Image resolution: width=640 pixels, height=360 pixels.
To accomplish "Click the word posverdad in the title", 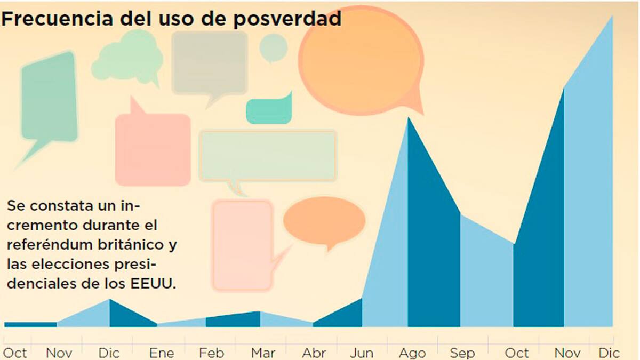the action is (x=287, y=19).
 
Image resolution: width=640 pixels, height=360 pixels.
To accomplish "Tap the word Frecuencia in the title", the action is (x=57, y=18).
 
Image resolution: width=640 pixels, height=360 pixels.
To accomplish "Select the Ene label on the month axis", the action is (x=162, y=353).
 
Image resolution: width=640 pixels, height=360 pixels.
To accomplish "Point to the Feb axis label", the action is (x=211, y=353).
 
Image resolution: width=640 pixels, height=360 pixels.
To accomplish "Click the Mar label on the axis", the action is (x=263, y=353).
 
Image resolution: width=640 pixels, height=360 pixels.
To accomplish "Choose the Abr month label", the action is (x=314, y=353).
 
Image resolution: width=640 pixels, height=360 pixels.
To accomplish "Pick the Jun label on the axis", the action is (x=362, y=353).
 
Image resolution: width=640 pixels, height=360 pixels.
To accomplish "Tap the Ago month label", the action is (x=412, y=354).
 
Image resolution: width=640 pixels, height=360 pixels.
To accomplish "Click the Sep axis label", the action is (x=462, y=354).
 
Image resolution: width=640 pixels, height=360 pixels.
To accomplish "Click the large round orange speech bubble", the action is (x=361, y=61).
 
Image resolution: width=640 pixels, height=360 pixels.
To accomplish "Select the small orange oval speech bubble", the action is (x=324, y=221).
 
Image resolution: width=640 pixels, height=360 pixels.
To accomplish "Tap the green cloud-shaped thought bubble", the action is (x=127, y=57).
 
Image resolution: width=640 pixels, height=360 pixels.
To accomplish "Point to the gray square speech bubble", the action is (x=210, y=65).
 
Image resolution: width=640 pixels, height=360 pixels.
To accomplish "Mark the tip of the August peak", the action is (x=409, y=117).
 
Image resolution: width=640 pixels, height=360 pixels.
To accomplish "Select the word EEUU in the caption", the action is (x=153, y=284).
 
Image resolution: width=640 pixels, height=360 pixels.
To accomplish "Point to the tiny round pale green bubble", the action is (x=273, y=47).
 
